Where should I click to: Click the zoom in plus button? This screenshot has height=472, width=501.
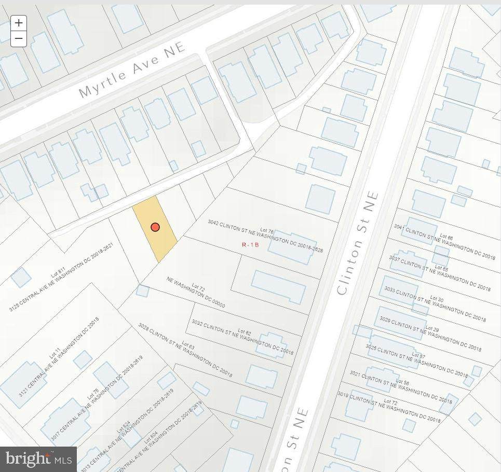[x=19, y=23]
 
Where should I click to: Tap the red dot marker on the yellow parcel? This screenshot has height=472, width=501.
[x=155, y=227]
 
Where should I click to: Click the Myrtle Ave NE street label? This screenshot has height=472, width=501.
[x=132, y=70]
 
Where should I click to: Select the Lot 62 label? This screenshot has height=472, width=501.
[x=244, y=331]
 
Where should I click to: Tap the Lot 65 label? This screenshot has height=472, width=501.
[x=441, y=269]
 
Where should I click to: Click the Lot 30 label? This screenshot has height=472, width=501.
[x=437, y=299]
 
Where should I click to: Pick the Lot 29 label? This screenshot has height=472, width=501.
[x=432, y=329]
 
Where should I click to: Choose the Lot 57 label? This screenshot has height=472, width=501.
[x=419, y=356]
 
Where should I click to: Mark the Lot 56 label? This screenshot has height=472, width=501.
[x=402, y=382]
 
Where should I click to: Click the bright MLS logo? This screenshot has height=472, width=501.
[x=38, y=459]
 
